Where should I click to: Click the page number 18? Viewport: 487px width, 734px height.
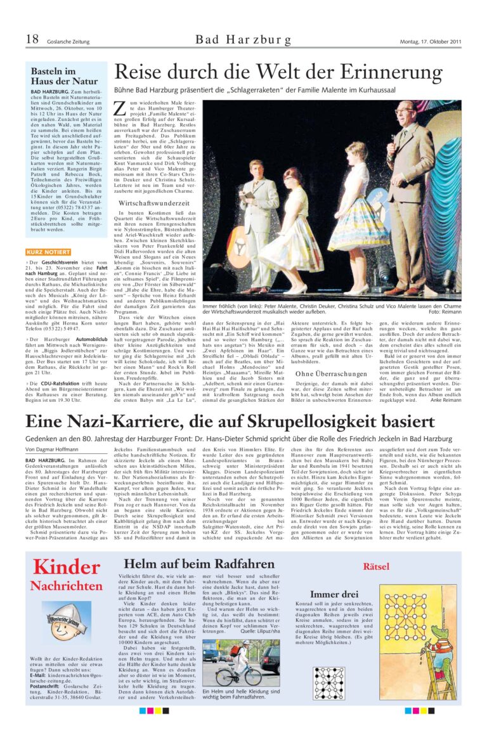(32, 40)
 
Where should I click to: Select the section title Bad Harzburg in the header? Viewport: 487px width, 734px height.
(243, 40)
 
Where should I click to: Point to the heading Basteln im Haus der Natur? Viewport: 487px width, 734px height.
(56, 77)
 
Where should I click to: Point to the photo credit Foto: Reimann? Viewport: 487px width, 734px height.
(445, 312)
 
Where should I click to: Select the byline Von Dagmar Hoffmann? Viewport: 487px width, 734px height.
(52, 449)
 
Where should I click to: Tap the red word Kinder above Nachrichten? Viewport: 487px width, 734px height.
(66, 567)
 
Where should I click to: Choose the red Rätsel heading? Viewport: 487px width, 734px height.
(375, 566)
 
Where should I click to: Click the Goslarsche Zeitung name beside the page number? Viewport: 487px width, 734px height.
(68, 42)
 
